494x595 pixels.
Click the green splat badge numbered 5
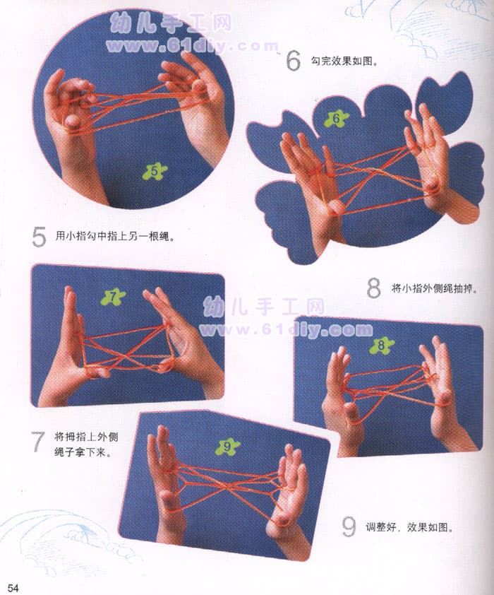tap(155, 172)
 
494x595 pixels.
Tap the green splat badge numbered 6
tap(337, 119)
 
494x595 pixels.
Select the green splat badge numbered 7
tap(113, 297)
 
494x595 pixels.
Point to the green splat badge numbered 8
tap(382, 346)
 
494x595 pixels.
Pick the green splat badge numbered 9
tap(227, 447)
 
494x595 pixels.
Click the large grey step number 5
tap(39, 237)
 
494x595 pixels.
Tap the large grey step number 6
tap(293, 61)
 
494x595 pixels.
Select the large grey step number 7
tap(38, 442)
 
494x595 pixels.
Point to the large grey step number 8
tap(373, 288)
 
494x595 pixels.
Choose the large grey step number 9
tap(349, 526)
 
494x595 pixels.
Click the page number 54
tap(13, 588)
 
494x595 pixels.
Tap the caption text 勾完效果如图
tap(344, 61)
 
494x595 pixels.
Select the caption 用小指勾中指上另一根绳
tap(116, 237)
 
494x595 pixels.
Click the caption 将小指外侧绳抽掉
tap(435, 289)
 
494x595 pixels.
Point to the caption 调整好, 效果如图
tap(409, 527)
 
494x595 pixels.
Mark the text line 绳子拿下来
tap(83, 452)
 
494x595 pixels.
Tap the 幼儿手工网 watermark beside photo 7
tap(264, 307)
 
